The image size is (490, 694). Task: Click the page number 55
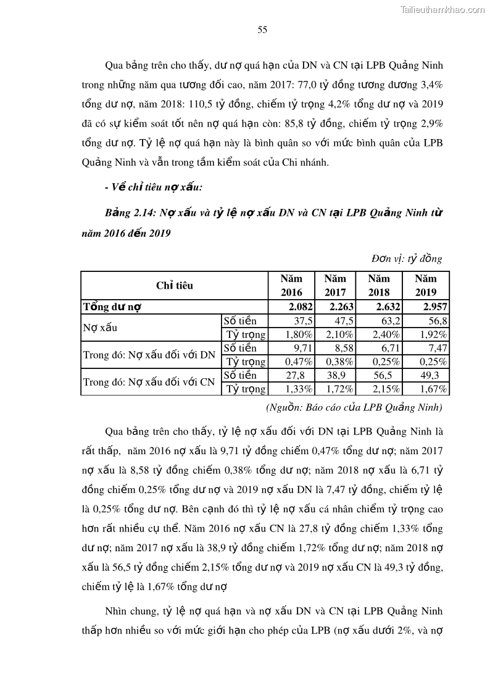[x=262, y=30]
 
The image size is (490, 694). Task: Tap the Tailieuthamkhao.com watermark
[x=442, y=9]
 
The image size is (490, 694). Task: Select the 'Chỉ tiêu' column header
[x=175, y=286]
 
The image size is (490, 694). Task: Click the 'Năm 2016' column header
[x=291, y=286]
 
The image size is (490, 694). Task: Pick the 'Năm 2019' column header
[x=426, y=286]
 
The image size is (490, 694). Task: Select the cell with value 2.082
[x=301, y=307]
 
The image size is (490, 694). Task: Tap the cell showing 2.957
[x=435, y=307]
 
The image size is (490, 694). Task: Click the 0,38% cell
[x=339, y=362]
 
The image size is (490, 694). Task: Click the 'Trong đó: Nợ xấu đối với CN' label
[x=149, y=382]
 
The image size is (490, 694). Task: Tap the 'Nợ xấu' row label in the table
[x=100, y=328]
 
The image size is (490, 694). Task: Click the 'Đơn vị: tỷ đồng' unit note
[x=407, y=259]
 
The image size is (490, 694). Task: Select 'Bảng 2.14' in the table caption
[x=131, y=213]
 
